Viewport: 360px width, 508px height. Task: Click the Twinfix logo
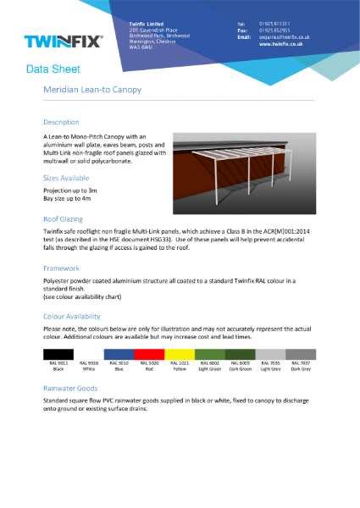[64, 41]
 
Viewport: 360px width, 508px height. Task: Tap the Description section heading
[61, 122]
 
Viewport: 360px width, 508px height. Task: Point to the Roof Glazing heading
[64, 218]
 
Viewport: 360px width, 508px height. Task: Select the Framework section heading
[61, 268]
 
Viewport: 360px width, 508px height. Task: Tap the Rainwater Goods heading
[72, 389]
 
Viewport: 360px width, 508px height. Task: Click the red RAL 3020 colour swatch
[149, 353]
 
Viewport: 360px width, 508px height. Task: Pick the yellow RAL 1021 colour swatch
[180, 353]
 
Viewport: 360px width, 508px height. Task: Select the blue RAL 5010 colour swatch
[119, 353]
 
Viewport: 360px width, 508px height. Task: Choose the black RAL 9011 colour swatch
[58, 353]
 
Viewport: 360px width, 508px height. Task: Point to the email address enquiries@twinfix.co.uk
[285, 37]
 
